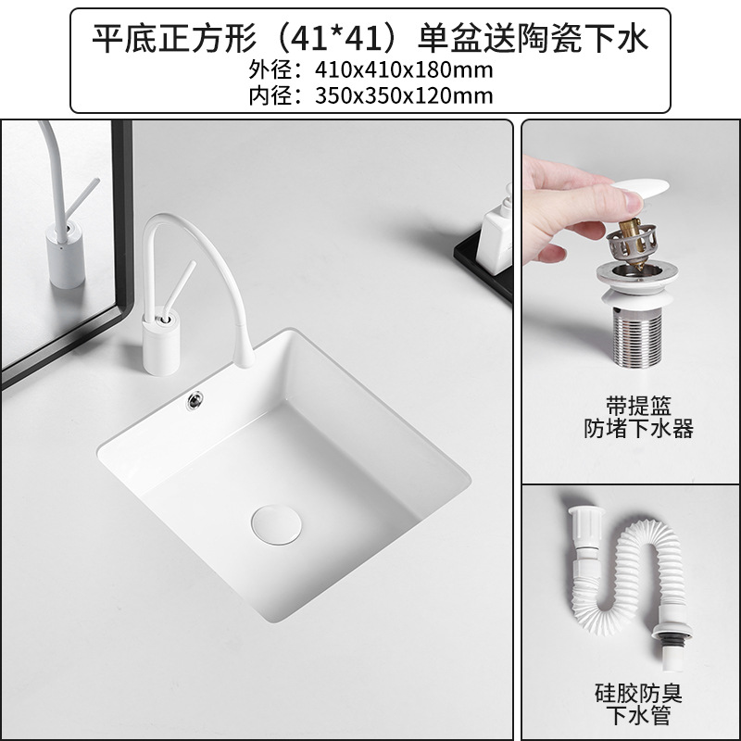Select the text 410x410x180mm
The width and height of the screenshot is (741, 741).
378,70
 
